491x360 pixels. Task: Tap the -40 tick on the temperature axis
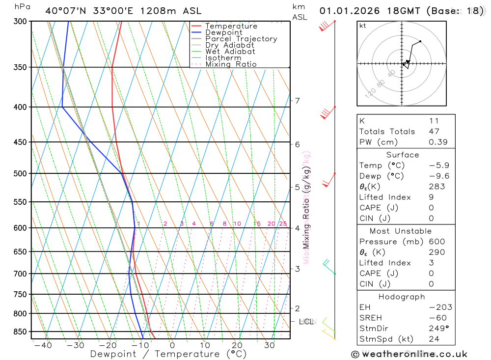click(43, 345)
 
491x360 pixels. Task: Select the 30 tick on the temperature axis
click(269, 345)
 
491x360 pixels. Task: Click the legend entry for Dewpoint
click(224, 32)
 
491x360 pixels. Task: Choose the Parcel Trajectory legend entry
click(241, 39)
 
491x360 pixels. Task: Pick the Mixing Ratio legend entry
click(231, 64)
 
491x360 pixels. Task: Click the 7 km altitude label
click(298, 101)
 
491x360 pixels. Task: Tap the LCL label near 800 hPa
click(306, 322)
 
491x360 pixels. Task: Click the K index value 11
click(434, 121)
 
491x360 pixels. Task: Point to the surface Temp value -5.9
click(438, 166)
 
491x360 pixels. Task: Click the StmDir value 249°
click(438, 329)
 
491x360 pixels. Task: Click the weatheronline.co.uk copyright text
click(409, 354)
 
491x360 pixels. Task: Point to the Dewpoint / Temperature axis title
click(168, 354)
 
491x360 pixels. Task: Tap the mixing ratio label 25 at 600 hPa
click(283, 224)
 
